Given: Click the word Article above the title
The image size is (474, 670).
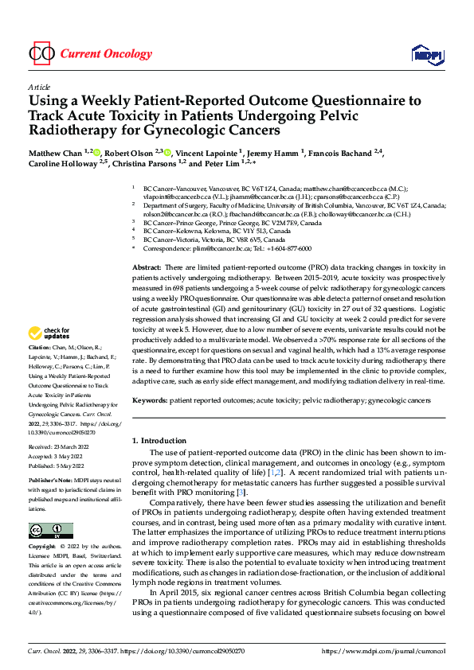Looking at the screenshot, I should (38, 87).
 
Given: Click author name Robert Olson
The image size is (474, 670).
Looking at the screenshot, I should (130, 153).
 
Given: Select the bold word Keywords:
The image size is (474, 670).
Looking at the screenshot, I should (150, 400).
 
